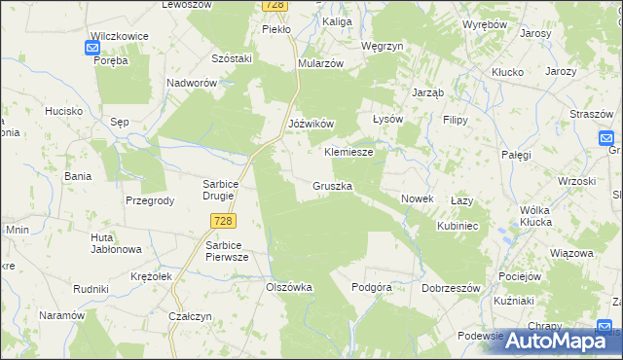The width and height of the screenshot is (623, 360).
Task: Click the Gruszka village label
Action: pyautogui.click(x=333, y=185)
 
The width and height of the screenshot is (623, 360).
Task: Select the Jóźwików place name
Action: pyautogui.click(x=311, y=124)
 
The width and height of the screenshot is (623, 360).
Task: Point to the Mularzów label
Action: pyautogui.click(x=321, y=63)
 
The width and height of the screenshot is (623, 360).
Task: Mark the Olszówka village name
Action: pyautogui.click(x=289, y=287)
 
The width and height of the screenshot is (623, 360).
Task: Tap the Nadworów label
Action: pyautogui.click(x=192, y=84)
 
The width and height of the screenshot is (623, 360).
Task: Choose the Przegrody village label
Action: pyautogui.click(x=150, y=200)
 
